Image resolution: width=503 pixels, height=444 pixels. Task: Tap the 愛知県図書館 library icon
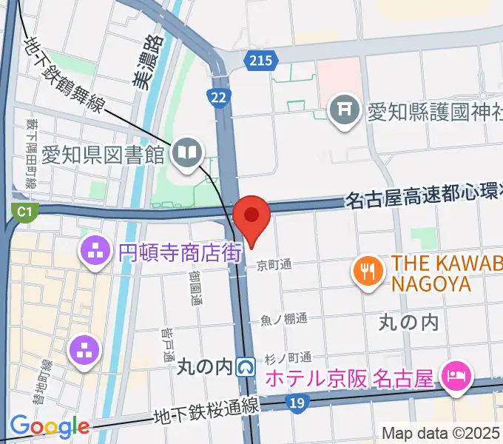click(x=185, y=154)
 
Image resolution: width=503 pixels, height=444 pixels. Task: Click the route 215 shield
click(x=261, y=60)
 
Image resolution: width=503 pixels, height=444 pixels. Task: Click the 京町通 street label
click(x=274, y=264)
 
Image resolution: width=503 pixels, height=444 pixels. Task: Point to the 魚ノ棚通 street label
click(x=283, y=320)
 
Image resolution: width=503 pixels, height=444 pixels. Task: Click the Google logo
click(x=49, y=426)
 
